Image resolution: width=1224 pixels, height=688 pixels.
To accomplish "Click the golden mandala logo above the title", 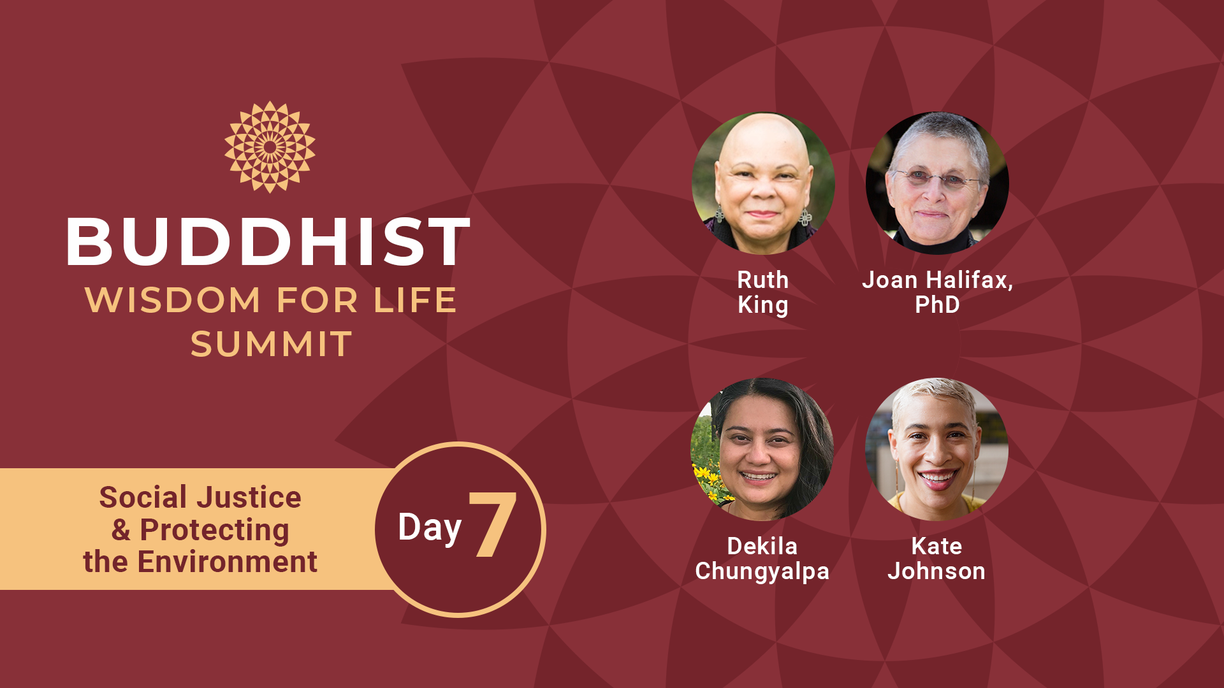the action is pos(270,147).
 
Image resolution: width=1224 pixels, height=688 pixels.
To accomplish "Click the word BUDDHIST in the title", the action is pos(268,241).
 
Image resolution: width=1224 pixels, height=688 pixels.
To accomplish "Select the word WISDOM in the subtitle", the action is pos(173,300).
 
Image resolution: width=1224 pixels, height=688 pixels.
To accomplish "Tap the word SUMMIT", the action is pos(271,344).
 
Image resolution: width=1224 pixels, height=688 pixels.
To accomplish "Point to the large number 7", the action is pos(492,525).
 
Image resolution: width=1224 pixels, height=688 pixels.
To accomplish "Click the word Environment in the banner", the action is pos(228,562).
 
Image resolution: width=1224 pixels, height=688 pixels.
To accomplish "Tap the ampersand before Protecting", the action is pos(120,530).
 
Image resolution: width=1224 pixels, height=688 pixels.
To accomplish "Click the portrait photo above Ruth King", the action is pos(763,183).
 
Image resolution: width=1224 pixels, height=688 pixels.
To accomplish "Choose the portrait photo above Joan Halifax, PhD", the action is pos(937,183).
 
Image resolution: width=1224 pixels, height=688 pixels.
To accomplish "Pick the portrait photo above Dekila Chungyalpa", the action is pos(762,450).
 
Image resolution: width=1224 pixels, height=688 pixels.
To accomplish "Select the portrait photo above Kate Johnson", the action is pos(936,450).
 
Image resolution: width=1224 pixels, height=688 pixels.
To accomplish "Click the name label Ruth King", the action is pos(763,292).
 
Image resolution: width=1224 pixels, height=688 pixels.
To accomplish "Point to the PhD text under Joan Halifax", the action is pos(937,305).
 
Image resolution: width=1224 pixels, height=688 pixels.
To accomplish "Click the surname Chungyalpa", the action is pos(762,572).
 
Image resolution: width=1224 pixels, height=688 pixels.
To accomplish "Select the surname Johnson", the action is pos(936,571).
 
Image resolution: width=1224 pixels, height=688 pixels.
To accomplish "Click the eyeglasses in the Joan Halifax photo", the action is pos(936,179).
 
